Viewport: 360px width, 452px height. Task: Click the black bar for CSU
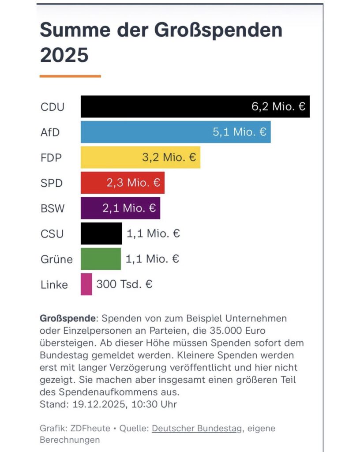[x=101, y=234]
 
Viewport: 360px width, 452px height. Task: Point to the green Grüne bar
[x=101, y=259]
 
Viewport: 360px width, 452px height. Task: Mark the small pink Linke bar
[x=86, y=284]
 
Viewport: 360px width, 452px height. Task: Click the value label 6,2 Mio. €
[x=278, y=107]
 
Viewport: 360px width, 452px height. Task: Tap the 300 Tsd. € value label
[x=124, y=284]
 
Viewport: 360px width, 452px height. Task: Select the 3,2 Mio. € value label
[x=169, y=158]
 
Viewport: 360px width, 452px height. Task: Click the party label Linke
[x=54, y=285]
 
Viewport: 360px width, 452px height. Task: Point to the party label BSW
[x=52, y=208]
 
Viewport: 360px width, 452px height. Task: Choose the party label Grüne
[x=56, y=259]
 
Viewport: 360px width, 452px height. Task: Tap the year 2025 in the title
[x=64, y=56]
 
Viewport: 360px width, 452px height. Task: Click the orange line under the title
[x=70, y=76]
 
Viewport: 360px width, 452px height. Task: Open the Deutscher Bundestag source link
[x=197, y=428]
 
